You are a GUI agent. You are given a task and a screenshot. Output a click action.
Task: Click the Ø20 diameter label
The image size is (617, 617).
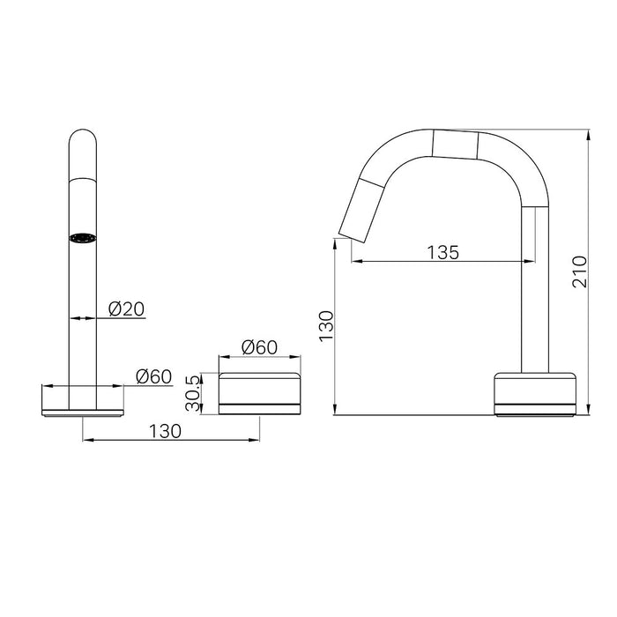click(x=126, y=309)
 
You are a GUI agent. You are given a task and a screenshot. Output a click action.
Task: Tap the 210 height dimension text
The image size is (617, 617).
click(x=580, y=271)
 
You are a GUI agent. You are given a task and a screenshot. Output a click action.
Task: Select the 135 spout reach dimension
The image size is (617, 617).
click(x=442, y=252)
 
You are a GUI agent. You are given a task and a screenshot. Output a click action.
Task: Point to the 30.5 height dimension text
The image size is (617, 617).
click(x=193, y=393)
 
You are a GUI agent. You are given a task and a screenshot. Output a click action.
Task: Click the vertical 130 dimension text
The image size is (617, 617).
click(x=326, y=326)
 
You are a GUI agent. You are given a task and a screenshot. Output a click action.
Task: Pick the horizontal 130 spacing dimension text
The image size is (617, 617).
click(x=165, y=431)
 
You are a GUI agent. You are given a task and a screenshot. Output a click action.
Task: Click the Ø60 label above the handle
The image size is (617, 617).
click(x=260, y=347)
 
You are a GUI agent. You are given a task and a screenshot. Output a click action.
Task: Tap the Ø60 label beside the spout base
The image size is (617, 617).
click(x=154, y=376)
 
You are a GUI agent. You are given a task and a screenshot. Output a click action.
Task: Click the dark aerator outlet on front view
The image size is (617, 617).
click(x=83, y=238)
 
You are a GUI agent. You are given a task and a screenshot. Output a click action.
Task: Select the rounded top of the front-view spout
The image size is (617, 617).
click(x=83, y=153)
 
